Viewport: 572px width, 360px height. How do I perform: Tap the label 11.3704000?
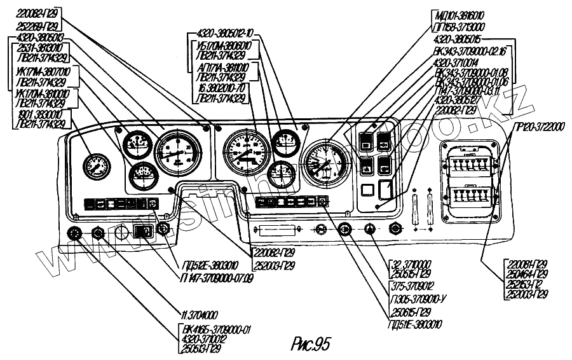point(198,314)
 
